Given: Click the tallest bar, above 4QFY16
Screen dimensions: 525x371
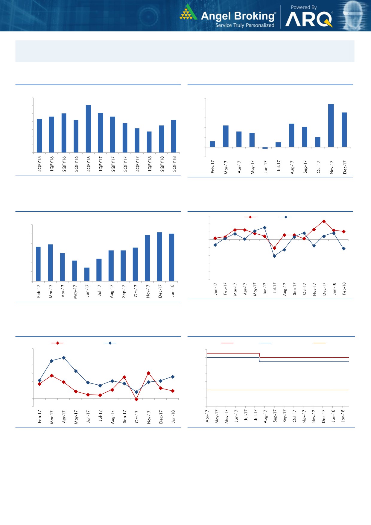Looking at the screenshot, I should (x=88, y=129).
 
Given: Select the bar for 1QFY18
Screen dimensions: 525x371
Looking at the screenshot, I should (x=149, y=142).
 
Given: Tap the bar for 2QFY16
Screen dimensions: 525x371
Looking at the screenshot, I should (x=64, y=133).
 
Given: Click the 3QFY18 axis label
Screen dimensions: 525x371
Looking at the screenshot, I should (x=174, y=164).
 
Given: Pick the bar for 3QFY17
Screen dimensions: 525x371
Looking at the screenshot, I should (x=125, y=138).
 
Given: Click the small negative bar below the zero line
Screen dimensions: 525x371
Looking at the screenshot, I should (x=265, y=148).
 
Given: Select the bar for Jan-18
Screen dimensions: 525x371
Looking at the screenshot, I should (x=172, y=257).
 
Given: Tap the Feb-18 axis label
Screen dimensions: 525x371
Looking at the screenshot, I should (x=344, y=289).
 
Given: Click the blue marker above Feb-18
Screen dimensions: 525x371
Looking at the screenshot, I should (x=344, y=248).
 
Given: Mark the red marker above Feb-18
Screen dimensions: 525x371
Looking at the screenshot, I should (x=344, y=232).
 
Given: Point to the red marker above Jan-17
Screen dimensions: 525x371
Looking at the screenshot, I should (x=215, y=238).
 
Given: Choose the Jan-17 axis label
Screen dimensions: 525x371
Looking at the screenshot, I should (x=215, y=289).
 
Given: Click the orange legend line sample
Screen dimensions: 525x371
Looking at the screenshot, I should (x=319, y=343).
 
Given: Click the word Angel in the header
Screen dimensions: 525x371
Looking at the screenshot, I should (x=216, y=16).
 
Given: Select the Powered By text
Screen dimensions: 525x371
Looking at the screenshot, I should (x=304, y=7).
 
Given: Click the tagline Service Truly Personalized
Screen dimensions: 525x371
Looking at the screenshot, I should (x=245, y=25).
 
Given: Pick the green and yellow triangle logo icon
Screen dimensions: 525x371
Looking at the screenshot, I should (x=188, y=13).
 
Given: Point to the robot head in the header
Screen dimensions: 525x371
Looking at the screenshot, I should (x=354, y=15).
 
